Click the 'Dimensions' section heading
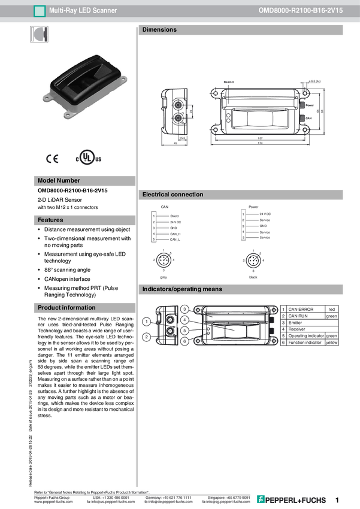point(159,30)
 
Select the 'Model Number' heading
point(59,181)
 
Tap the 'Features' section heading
point(50,220)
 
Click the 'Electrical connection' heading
point(173,195)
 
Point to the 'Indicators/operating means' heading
point(182,289)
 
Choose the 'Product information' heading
point(66,308)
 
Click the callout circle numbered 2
point(146,338)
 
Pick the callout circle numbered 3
point(184,309)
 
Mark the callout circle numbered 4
point(184,320)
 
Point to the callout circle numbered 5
point(184,331)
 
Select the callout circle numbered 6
point(184,341)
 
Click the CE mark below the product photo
point(52,159)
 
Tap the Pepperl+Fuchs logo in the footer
point(292,499)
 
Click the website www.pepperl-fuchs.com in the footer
point(53,502)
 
